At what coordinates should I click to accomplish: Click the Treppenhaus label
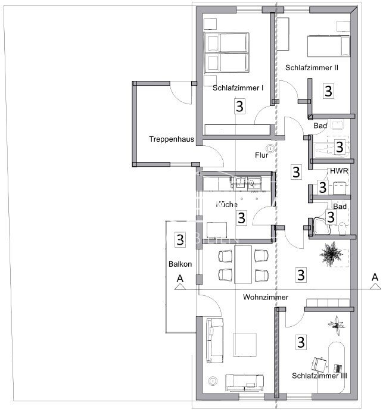(172, 139)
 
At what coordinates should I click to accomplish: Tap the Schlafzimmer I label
(238, 88)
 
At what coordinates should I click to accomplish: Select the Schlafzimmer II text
(312, 68)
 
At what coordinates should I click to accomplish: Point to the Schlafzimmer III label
(319, 376)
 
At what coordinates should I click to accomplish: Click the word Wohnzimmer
(266, 296)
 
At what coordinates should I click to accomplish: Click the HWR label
(340, 171)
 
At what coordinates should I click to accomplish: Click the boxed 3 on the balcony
(178, 240)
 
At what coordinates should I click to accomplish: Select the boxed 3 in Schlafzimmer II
(328, 91)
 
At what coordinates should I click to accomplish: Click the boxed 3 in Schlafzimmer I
(239, 107)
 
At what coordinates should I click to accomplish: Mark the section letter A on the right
(375, 276)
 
